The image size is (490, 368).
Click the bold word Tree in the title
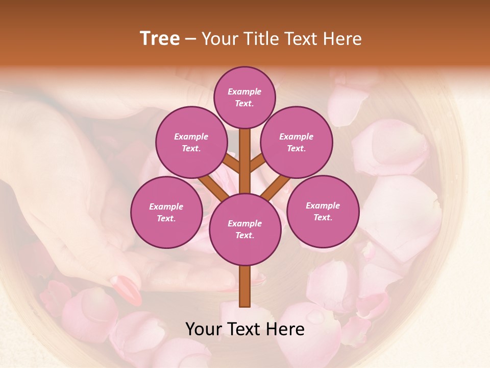160,39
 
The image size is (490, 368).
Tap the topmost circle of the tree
244,97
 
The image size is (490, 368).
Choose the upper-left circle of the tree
191,143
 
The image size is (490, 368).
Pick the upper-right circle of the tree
296,143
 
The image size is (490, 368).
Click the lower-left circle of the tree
166,212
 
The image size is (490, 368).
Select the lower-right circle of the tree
323,211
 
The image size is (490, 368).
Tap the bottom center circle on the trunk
244,229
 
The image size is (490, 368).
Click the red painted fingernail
126,289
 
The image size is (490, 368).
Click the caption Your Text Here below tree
244,329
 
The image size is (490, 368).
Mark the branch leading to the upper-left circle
231,164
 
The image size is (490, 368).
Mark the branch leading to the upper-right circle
257,164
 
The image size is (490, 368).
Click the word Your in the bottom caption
203,329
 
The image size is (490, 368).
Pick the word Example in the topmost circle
244,91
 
